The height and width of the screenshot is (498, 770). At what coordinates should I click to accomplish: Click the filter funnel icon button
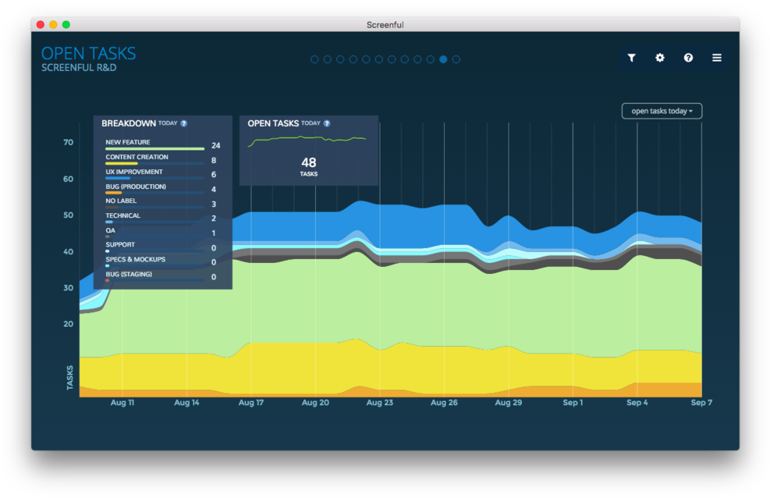point(632,58)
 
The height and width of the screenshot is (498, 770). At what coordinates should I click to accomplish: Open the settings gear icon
point(660,58)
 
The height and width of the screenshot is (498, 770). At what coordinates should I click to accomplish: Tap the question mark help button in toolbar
point(688,58)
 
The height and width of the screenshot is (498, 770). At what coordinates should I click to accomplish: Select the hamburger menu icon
point(716,58)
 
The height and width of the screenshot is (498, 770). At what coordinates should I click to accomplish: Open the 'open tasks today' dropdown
point(662,111)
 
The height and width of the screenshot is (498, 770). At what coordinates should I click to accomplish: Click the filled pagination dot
point(443,59)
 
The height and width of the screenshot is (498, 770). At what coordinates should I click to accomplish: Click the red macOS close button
point(41,25)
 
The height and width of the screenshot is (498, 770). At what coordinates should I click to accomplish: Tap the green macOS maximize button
point(66,25)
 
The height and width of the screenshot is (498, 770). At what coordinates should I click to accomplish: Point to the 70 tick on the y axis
point(69,143)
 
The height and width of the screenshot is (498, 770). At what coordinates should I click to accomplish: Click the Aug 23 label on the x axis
point(379,403)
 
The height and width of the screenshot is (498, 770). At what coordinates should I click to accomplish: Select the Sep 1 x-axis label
point(573,403)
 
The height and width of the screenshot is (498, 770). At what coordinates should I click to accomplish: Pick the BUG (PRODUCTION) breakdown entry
point(136,187)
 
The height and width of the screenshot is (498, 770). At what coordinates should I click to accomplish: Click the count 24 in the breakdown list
point(215,146)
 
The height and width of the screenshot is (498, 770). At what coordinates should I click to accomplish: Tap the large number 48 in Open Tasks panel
point(309,163)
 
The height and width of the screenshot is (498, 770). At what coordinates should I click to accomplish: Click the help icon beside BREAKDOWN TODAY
point(184,123)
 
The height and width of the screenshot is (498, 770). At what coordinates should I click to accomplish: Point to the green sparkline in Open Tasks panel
point(307,140)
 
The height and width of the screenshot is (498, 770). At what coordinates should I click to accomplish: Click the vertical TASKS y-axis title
point(70,377)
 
